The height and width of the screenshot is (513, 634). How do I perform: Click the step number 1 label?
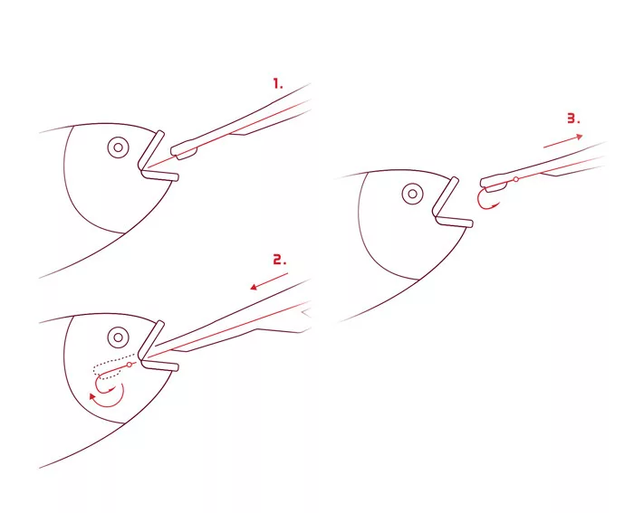(x=278, y=83)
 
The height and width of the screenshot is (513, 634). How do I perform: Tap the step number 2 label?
(x=279, y=260)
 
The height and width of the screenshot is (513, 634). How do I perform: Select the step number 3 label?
(x=573, y=119)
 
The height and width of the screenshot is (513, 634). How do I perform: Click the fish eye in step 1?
(x=118, y=147)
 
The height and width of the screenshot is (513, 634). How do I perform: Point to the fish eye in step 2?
(x=118, y=337)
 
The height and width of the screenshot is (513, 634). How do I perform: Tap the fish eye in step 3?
(x=412, y=194)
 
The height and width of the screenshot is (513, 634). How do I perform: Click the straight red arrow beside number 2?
(x=269, y=281)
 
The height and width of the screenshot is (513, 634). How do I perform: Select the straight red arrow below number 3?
(x=563, y=141)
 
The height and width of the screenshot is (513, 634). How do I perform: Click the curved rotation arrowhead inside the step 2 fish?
(x=93, y=396)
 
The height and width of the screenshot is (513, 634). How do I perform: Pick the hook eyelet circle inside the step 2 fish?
(x=130, y=365)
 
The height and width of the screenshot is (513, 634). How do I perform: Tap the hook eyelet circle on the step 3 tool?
(x=515, y=179)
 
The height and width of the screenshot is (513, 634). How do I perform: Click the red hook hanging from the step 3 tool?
(x=487, y=200)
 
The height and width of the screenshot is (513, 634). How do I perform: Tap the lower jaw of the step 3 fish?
(x=454, y=222)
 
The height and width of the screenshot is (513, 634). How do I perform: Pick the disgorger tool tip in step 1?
(x=184, y=150)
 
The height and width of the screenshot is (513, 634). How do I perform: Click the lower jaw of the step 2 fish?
(x=159, y=365)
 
